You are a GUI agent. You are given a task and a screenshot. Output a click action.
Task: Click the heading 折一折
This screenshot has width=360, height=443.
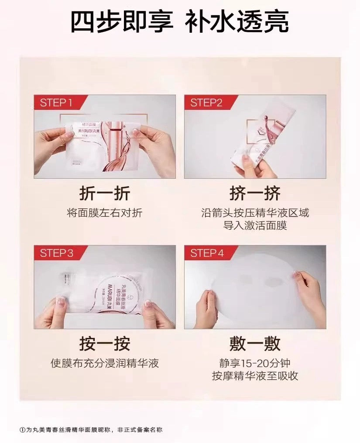click(104, 193)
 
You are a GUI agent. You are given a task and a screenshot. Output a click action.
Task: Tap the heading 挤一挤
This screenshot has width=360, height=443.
click(255, 193)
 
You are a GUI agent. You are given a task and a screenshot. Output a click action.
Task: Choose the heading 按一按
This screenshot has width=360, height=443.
click(104, 344)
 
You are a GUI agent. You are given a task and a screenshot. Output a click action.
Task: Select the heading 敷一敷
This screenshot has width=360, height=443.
click(255, 344)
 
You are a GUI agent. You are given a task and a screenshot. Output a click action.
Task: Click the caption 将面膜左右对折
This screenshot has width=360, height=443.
click(104, 213)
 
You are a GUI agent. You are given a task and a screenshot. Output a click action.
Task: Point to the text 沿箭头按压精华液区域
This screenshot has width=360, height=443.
click(255, 213)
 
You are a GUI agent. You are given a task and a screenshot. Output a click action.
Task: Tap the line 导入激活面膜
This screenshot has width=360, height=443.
click(255, 225)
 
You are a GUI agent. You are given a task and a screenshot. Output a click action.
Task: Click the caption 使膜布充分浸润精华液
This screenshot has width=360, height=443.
click(104, 363)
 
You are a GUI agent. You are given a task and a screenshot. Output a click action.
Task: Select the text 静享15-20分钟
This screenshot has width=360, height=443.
click(255, 363)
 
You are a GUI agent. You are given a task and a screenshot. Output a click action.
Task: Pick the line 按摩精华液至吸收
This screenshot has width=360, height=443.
click(255, 376)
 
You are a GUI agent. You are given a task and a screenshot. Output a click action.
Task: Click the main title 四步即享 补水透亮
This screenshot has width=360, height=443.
click(179, 22)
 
